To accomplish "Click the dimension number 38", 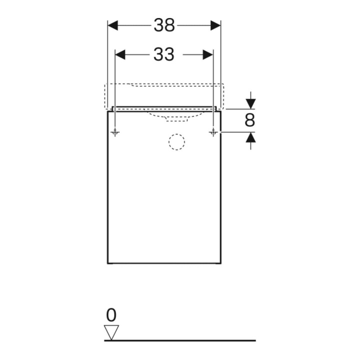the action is click(x=164, y=25).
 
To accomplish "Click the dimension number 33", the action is click(x=163, y=54).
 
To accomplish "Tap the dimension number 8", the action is click(x=250, y=120).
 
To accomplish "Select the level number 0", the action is click(x=111, y=315).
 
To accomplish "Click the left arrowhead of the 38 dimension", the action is click(x=112, y=25).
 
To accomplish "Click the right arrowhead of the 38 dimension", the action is click(x=215, y=25).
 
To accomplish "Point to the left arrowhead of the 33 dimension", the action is click(x=120, y=54).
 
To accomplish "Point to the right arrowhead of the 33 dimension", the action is click(x=208, y=54).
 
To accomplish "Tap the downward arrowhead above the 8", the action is click(x=250, y=103).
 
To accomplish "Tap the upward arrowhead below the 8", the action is click(x=250, y=137).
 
